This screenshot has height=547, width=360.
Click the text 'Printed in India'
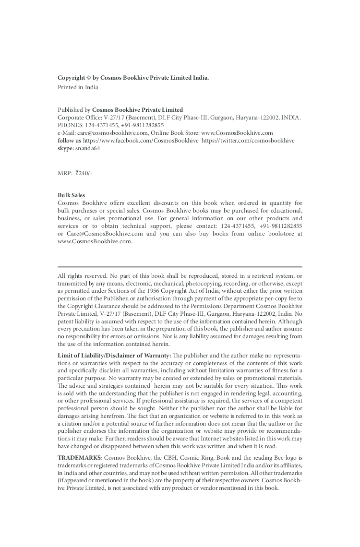[x=78, y=87]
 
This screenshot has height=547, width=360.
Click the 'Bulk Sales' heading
[x=71, y=195]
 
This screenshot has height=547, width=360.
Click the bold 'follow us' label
[x=69, y=141]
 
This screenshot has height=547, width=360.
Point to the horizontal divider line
[x=180, y=266]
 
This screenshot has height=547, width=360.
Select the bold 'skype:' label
[x=65, y=148]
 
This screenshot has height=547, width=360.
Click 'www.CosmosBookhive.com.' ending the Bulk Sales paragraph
[x=95, y=241]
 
